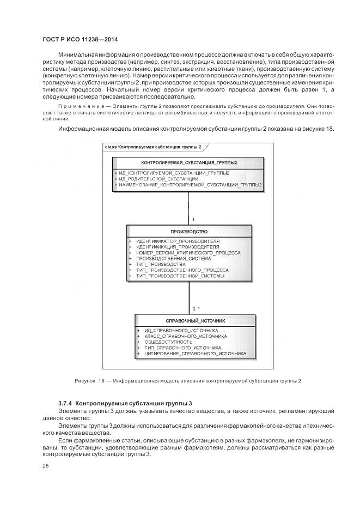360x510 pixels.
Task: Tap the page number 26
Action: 46,466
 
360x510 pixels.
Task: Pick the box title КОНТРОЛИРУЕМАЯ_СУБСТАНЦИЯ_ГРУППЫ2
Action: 188,163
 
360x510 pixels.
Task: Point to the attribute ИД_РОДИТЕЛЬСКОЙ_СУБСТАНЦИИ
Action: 158,179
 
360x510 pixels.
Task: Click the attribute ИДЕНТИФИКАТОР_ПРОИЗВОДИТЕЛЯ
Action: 178,241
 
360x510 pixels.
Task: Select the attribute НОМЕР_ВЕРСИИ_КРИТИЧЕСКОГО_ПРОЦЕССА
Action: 188,252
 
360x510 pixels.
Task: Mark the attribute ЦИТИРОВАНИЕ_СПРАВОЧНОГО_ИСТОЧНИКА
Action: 195,354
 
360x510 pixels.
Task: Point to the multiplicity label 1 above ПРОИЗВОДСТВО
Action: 193,220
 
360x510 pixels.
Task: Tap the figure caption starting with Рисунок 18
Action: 188,380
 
